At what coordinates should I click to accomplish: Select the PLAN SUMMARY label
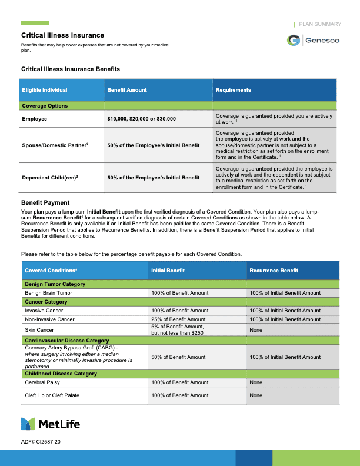coord(320,24)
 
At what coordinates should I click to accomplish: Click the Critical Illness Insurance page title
coord(62,36)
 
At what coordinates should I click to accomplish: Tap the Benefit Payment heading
coord(45,202)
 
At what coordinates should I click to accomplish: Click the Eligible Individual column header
coord(45,90)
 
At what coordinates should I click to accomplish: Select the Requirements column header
coord(233,90)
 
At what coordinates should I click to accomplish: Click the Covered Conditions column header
coord(51,271)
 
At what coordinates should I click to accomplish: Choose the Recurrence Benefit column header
coord(274,271)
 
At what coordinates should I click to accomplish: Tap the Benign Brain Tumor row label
coord(48,292)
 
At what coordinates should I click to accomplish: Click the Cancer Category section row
coord(46,302)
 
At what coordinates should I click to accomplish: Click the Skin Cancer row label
coord(39,330)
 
